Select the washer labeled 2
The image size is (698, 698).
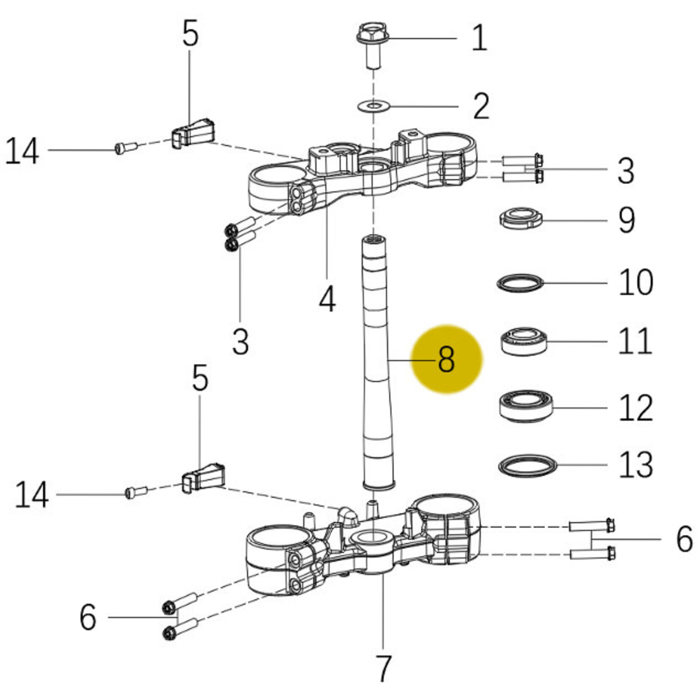click(374, 105)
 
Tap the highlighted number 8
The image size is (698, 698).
click(446, 359)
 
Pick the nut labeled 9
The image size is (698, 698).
click(521, 218)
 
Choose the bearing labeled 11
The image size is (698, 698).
click(524, 341)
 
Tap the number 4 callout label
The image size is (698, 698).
click(327, 299)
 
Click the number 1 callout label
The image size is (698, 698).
click(479, 38)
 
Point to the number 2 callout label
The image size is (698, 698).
click(481, 106)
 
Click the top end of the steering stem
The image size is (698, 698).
click(374, 240)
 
